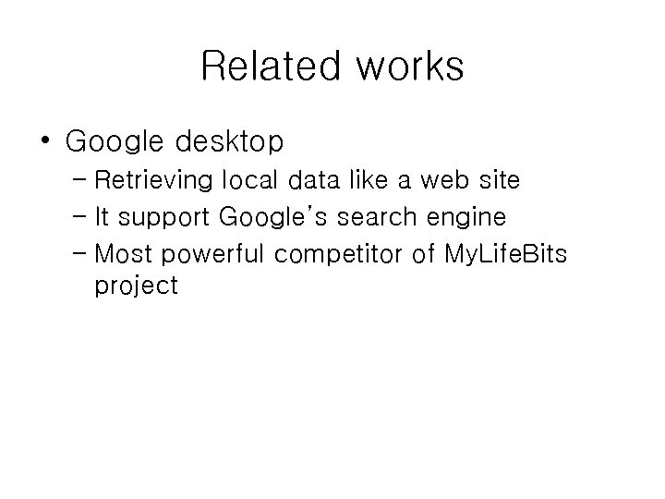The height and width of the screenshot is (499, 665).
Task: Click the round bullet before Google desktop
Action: click(44, 140)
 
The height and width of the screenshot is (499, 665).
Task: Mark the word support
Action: click(167, 218)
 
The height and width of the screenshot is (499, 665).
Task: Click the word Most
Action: click(120, 254)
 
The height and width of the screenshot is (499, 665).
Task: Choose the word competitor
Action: click(341, 254)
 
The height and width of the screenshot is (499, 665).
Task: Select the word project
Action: click(136, 286)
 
